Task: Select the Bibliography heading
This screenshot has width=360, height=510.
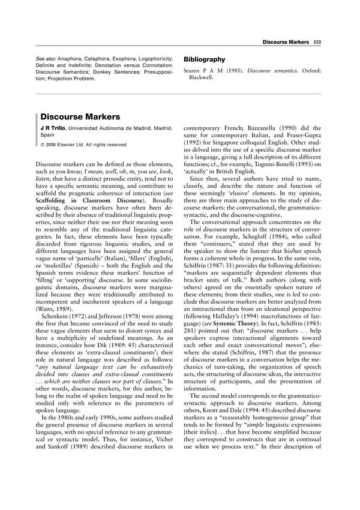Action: tap(205, 59)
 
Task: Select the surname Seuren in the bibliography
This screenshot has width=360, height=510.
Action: tap(194, 71)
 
